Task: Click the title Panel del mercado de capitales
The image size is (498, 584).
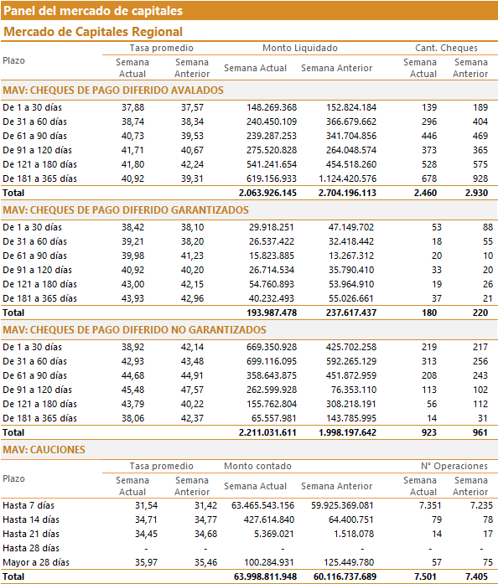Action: [93, 11]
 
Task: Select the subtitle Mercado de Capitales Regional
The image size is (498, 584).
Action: [93, 32]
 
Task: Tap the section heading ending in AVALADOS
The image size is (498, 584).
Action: [113, 90]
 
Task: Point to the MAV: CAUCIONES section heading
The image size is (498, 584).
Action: [44, 450]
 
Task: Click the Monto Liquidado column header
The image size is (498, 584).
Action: [300, 48]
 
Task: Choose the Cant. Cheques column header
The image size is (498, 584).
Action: [446, 48]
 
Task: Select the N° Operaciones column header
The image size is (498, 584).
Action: [454, 466]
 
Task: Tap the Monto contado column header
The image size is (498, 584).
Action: [257, 466]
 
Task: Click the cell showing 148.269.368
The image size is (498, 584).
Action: [272, 107]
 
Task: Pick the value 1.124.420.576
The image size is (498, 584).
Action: [347, 178]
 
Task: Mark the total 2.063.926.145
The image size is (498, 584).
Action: [267, 193]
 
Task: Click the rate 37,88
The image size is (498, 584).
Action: [132, 107]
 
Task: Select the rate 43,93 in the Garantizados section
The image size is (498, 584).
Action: [132, 298]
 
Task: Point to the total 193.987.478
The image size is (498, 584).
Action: [272, 313]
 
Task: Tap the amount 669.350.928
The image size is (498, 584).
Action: [272, 347]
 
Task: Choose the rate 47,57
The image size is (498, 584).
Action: [192, 390]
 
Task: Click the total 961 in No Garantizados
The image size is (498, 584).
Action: [480, 433]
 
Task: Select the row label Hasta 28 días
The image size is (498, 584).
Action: [31, 548]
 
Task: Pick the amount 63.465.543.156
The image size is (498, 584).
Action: [262, 505]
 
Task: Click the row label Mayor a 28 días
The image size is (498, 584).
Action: [36, 562]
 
